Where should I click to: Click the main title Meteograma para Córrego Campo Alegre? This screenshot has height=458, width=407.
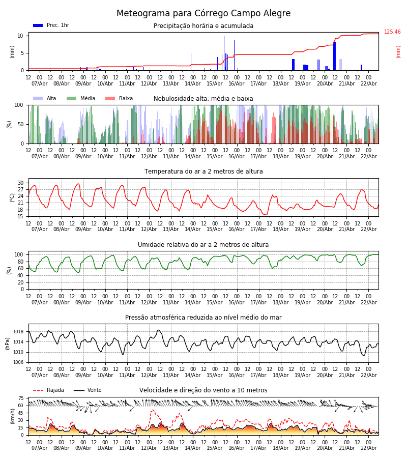click(203, 14)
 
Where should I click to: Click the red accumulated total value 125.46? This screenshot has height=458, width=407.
click(392, 32)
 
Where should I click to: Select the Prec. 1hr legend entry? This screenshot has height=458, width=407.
click(51, 25)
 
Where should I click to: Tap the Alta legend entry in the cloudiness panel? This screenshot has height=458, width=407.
click(45, 99)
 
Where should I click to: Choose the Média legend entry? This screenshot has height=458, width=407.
click(81, 99)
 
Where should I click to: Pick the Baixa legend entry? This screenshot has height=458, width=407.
click(120, 99)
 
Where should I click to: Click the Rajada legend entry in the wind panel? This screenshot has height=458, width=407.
click(49, 390)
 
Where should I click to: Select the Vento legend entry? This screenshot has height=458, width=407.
click(88, 390)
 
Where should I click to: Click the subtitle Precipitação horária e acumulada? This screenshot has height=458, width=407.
click(203, 26)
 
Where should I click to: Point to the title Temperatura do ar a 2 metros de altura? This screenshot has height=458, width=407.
click(203, 171)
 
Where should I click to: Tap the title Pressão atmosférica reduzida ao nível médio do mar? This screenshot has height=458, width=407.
click(203, 318)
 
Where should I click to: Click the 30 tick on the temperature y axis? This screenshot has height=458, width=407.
click(20, 183)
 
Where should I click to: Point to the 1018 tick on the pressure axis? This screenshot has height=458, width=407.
click(18, 332)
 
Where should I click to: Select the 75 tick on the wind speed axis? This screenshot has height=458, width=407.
click(21, 398)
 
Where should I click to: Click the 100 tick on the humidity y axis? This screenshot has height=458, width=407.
click(19, 254)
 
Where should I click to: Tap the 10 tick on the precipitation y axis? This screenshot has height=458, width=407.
click(20, 36)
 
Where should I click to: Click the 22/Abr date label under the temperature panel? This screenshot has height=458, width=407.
click(369, 230)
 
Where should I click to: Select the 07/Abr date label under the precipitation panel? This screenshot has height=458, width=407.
click(40, 84)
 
